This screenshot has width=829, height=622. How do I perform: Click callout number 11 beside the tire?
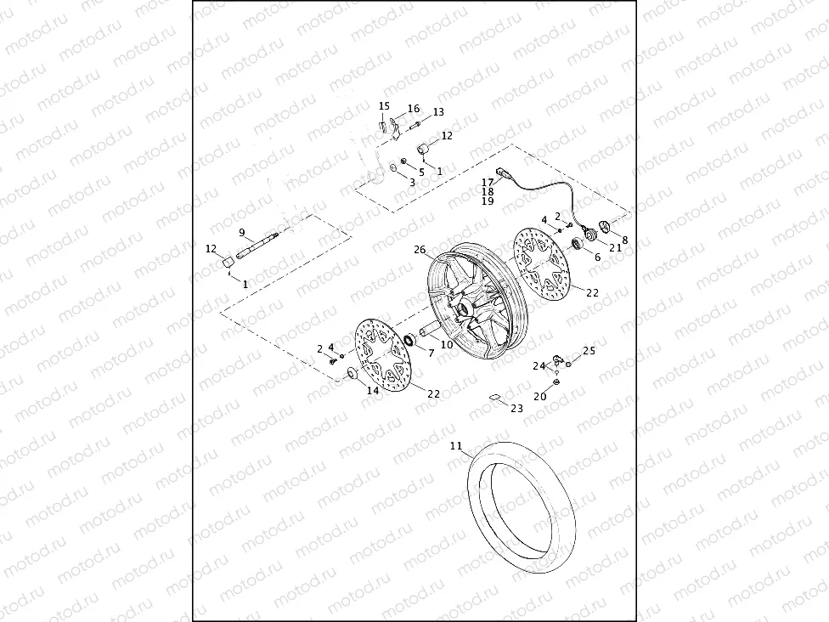pos(456,445)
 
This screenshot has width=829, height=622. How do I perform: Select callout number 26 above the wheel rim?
pos(420,250)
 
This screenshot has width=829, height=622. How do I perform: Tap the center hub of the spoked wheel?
pos(465,308)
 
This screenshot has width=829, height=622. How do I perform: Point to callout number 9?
pos(241,233)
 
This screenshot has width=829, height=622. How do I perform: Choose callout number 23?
pos(517,409)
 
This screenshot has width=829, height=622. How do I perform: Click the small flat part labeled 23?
pos(494,396)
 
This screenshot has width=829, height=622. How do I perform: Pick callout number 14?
pos(372,390)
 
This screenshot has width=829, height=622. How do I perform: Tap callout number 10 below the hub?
pos(446,344)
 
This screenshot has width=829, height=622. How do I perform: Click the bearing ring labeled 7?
pos(407,342)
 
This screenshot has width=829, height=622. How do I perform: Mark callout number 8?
pos(625,240)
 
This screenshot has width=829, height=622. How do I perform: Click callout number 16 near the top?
pos(414,109)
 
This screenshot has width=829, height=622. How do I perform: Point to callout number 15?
pos(384,106)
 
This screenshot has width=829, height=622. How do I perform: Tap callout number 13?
pos(438,112)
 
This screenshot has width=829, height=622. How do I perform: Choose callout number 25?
pos(589,350)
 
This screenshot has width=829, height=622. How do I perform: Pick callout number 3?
pos(412,182)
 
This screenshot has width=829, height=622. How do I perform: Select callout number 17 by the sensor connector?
pos(488,182)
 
